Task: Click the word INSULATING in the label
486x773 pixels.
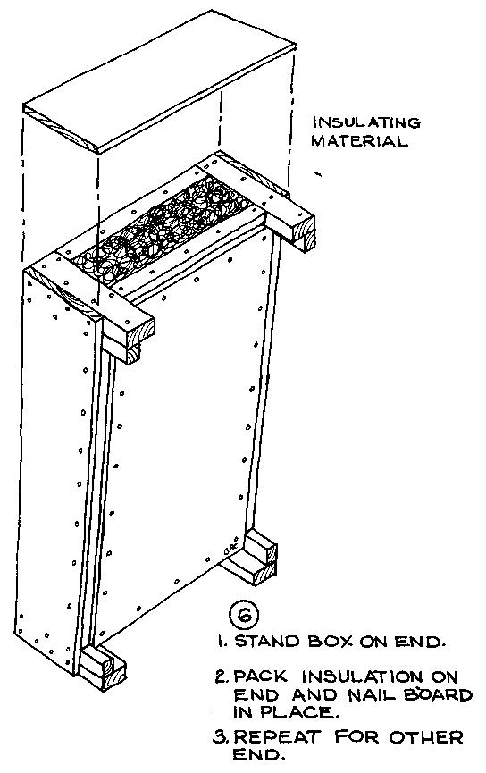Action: coord(365,122)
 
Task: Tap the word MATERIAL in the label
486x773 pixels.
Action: coord(359,141)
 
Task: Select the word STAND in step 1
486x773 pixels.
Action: coord(266,642)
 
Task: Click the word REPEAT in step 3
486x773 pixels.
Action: coord(276,737)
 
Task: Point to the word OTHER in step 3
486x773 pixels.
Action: coord(426,737)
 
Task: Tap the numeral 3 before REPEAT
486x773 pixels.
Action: coord(220,737)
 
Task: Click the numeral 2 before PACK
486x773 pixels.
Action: coord(221,676)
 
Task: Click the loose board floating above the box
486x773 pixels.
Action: coord(160,81)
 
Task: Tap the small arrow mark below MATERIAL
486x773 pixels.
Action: coord(318,173)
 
